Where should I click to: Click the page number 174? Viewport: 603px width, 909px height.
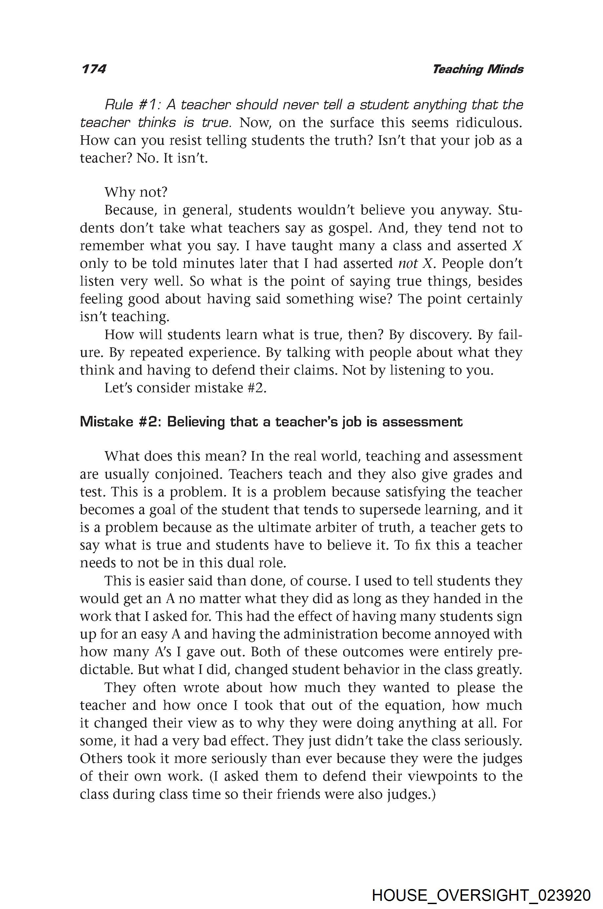pyautogui.click(x=94, y=69)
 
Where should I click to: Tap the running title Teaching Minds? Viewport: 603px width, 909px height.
pyautogui.click(x=478, y=69)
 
